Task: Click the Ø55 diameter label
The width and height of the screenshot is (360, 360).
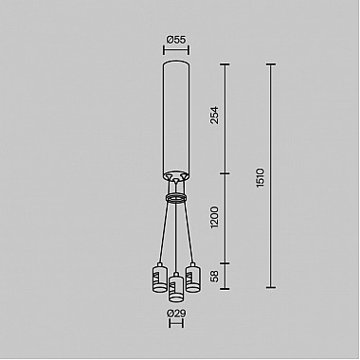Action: click(175, 39)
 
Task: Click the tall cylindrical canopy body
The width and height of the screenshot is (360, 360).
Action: click(175, 118)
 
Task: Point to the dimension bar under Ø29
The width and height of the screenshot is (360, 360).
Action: click(175, 325)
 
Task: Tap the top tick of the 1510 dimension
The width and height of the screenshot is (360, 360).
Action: click(272, 64)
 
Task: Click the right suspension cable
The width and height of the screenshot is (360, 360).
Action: click(189, 232)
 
